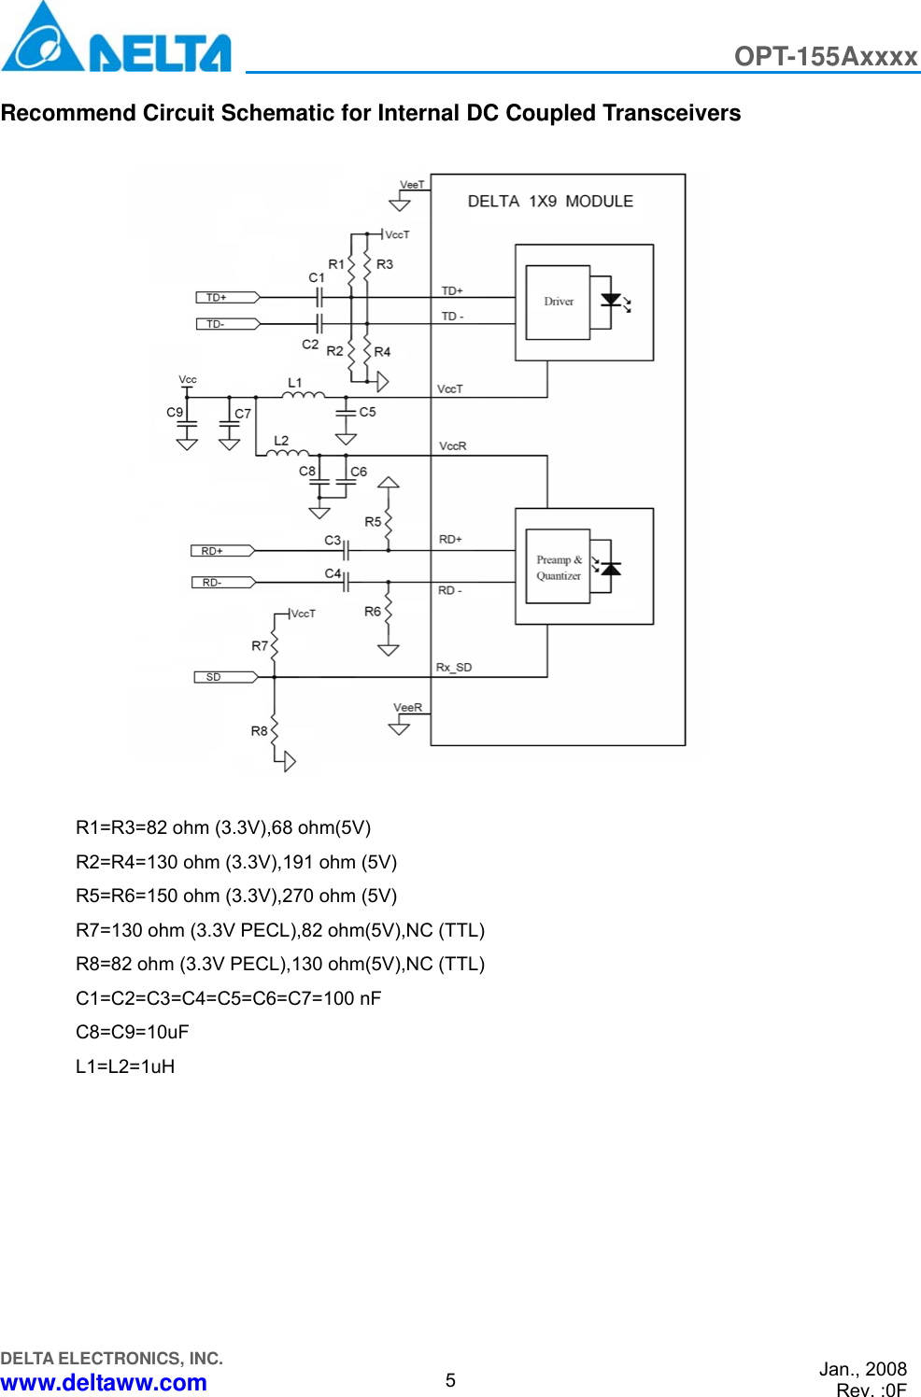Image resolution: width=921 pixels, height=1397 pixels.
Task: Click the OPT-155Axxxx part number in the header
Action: click(825, 56)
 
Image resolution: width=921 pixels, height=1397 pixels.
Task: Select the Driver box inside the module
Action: click(558, 302)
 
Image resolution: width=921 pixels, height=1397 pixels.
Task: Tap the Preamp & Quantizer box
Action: click(558, 568)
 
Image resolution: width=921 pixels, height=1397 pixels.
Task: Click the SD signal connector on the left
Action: click(224, 677)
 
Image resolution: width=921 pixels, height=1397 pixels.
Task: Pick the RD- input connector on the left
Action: click(222, 583)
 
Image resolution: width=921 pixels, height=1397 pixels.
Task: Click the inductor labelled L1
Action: click(304, 395)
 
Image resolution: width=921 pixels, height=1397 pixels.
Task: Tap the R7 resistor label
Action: click(260, 645)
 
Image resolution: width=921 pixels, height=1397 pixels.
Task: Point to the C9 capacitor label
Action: click(175, 412)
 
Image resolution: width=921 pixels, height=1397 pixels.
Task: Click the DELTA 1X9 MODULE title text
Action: click(550, 202)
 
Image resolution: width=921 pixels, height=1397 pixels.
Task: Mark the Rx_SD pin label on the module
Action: click(454, 668)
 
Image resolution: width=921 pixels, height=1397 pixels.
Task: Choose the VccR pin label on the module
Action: click(453, 446)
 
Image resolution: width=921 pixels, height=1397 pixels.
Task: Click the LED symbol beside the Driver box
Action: click(614, 302)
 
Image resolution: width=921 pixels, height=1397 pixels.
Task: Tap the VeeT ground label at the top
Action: click(412, 185)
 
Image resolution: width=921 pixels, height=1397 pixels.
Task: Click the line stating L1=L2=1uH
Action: click(125, 1066)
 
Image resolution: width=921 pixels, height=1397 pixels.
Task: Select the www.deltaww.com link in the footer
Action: click(104, 1382)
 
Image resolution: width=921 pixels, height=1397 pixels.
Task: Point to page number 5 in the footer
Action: click(450, 1380)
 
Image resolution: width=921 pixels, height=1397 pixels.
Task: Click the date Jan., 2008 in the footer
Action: click(862, 1369)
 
